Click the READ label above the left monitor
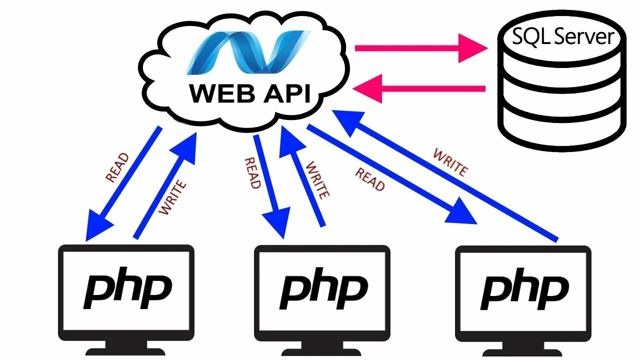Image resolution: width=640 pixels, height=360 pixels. click(x=117, y=167)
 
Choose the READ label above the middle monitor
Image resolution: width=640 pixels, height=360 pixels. click(x=252, y=173)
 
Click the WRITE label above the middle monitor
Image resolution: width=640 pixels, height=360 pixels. click(x=317, y=180)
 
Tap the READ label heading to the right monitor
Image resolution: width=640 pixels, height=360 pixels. click(x=370, y=179)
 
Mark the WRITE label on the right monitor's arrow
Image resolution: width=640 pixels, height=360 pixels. click(x=450, y=162)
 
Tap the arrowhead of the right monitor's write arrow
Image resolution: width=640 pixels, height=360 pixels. click(x=347, y=122)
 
